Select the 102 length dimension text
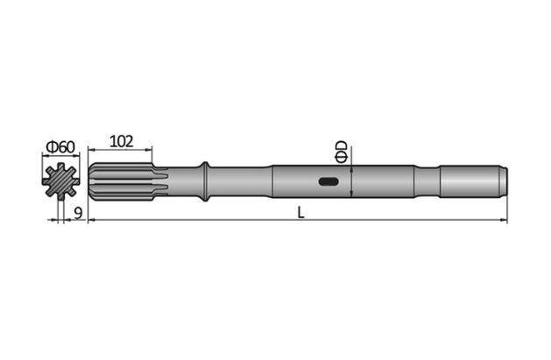(x=122, y=141)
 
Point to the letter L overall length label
(x=300, y=212)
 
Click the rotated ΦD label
(x=342, y=150)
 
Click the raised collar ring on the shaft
(x=204, y=181)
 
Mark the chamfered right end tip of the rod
(x=504, y=181)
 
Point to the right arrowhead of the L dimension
(x=505, y=220)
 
